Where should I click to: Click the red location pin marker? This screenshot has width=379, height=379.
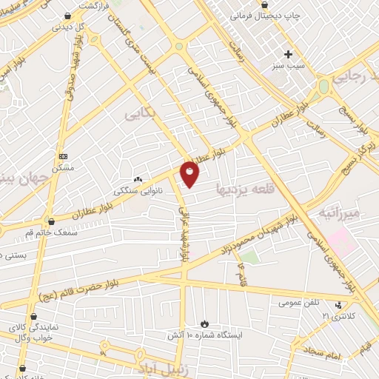coord(190,174)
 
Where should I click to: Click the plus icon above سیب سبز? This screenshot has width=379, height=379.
coord(289,53)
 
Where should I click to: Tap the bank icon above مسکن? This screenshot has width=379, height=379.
coord(64,156)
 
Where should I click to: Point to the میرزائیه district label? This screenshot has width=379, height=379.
coord(338,213)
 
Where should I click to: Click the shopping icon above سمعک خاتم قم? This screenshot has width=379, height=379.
coord(51,221)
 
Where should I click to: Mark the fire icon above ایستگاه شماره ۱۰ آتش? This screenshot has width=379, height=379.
coord(205,324)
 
